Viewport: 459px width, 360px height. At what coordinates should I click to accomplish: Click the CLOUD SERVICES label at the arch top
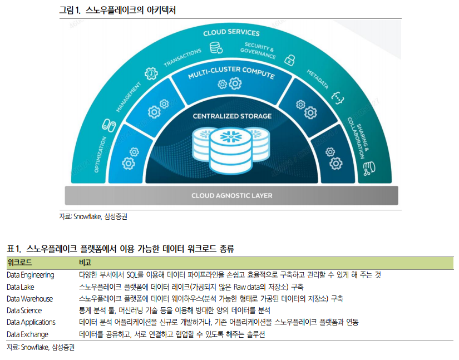pos(231,33)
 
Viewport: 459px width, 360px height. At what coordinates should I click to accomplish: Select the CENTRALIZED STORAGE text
pos(232,116)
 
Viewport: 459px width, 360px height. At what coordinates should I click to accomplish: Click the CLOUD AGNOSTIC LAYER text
pos(232,196)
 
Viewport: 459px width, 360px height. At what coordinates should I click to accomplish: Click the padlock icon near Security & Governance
pos(289,60)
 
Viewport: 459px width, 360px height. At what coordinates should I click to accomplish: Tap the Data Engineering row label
pos(31,275)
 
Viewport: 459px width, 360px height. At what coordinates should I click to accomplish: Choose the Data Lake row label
pos(21,287)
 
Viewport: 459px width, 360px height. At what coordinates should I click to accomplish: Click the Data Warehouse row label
pos(30,299)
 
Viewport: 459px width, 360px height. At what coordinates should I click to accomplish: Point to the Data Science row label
pos(24,310)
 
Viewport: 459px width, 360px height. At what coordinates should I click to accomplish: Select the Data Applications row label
pos(31,322)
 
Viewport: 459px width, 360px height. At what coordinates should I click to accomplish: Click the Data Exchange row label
pos(28,334)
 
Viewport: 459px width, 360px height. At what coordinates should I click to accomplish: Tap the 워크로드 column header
pos(19,262)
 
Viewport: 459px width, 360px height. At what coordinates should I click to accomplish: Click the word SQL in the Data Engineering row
pos(135,275)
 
